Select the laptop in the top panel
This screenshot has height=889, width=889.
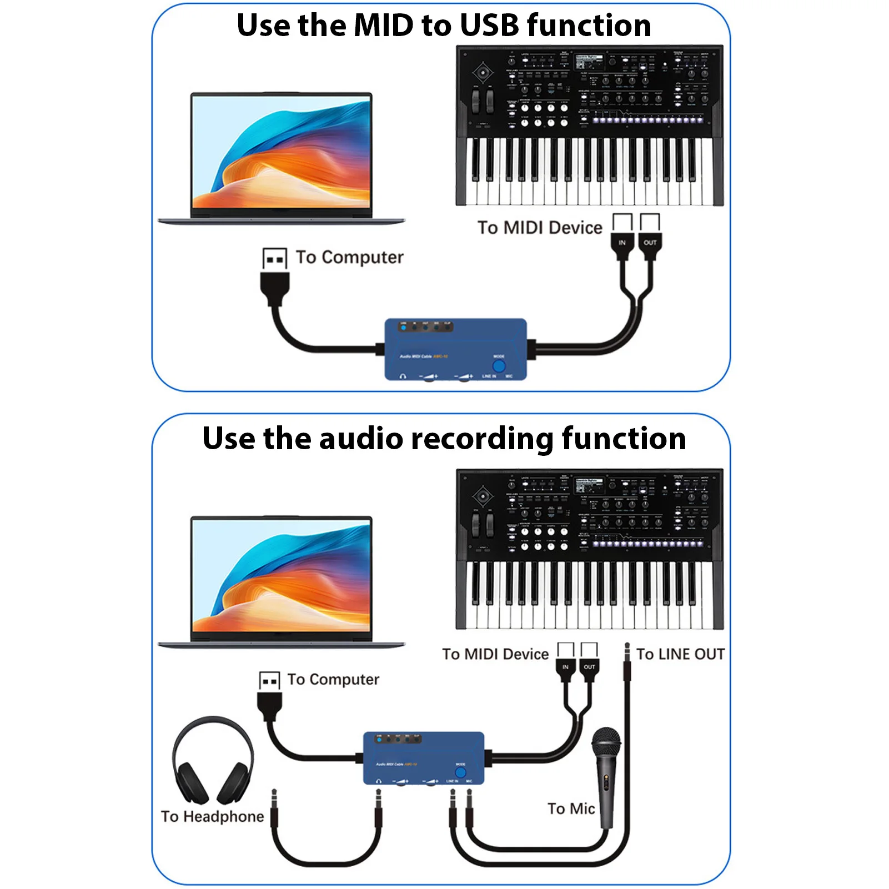282,158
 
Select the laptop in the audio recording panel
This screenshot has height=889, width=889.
282,581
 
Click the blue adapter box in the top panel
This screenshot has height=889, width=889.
455,349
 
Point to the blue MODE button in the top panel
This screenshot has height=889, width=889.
499,366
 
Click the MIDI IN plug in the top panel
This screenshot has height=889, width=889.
622,244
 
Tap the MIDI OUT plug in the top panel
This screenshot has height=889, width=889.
650,244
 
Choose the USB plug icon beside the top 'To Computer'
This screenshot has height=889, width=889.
275,259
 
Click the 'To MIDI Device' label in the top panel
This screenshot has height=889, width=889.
540,228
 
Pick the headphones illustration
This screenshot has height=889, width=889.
213,761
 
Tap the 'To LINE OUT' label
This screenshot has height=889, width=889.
680,654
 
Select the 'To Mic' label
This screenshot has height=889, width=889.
571,808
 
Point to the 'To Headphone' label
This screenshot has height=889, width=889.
213,816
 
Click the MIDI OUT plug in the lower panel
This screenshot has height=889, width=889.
589,668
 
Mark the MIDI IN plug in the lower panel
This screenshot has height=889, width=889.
565,668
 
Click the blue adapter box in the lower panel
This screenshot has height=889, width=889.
423,757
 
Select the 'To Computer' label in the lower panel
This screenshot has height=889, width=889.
333,680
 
